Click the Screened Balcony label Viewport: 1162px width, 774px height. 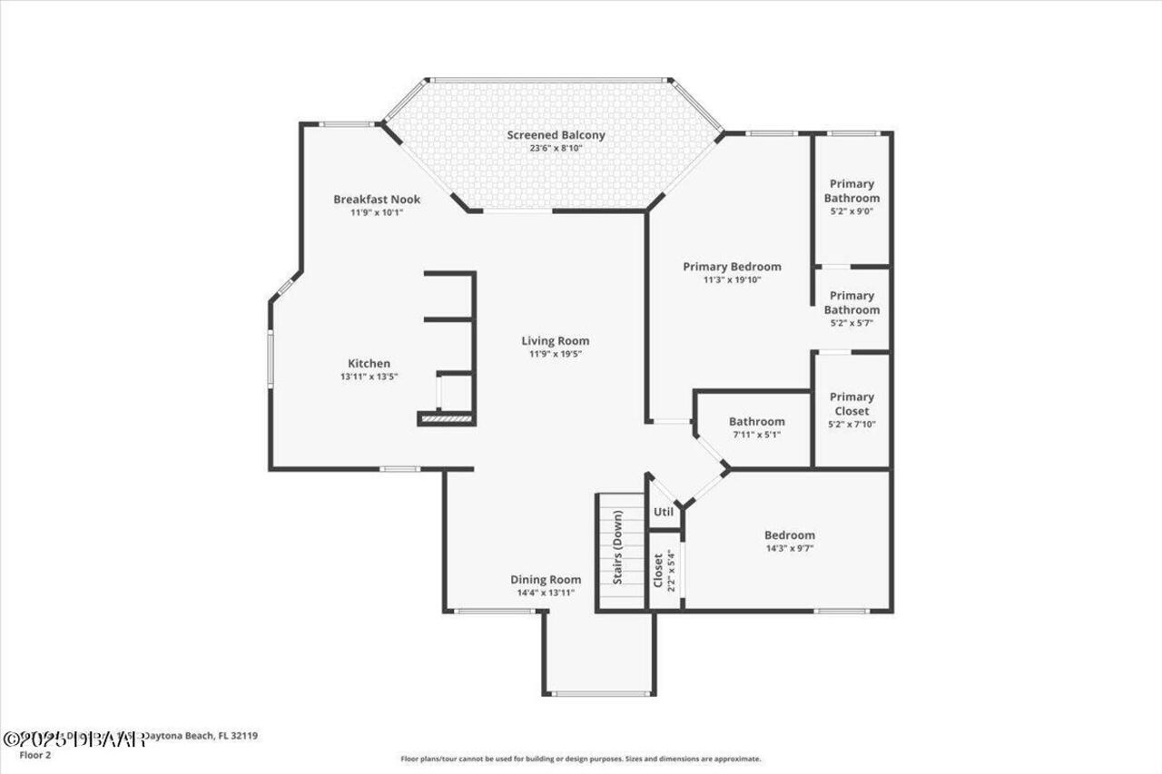(556, 135)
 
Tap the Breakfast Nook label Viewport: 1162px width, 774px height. (376, 200)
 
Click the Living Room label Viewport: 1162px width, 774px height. (556, 341)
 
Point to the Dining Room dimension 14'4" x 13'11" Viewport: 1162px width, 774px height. (545, 593)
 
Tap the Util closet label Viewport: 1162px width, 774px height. (664, 512)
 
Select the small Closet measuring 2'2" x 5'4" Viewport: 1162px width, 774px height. (664, 570)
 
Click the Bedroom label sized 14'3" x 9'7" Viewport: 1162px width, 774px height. (789, 535)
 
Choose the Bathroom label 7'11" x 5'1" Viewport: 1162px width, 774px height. (756, 422)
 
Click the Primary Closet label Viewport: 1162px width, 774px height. (852, 404)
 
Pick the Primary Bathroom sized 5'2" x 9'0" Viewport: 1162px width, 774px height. (852, 191)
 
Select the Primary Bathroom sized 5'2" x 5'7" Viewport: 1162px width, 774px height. (852, 302)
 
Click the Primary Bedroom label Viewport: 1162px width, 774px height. (732, 267)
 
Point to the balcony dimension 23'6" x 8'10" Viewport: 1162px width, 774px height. (556, 148)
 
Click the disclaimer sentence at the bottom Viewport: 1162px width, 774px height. (581, 759)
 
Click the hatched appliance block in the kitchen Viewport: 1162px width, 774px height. (446, 418)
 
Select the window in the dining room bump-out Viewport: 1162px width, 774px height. (599, 694)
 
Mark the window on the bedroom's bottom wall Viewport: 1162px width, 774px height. (842, 611)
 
